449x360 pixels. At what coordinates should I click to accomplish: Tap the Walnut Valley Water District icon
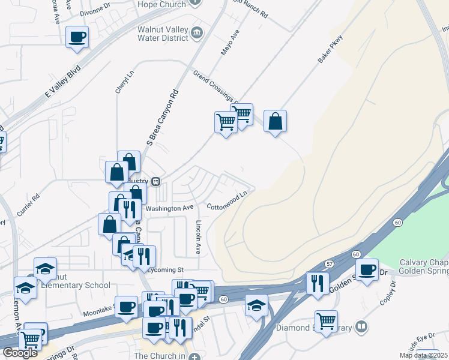[197, 33]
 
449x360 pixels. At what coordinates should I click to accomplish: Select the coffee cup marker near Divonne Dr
[77, 38]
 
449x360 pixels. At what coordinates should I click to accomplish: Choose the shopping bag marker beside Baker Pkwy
[275, 122]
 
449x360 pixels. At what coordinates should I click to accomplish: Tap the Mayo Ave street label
[230, 43]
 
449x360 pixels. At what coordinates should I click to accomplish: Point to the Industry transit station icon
[155, 181]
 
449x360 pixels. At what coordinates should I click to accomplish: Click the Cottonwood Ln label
[228, 201]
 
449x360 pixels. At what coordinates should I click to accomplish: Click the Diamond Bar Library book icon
[361, 327]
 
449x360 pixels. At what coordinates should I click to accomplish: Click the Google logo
[20, 353]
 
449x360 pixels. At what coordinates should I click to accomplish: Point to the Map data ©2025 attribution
[424, 355]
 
